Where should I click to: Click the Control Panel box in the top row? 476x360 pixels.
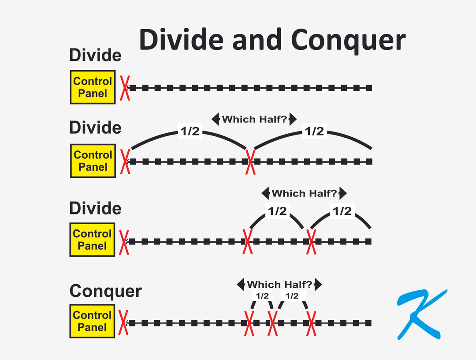tap(93, 87)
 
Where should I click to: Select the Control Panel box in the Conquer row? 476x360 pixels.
tap(92, 321)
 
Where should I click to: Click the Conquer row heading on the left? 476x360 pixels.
tap(106, 291)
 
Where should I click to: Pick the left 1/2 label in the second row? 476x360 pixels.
tap(190, 131)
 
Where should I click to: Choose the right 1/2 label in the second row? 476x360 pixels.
tap(315, 131)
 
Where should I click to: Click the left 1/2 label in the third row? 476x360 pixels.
tap(277, 211)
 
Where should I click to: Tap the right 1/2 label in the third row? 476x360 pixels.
tap(342, 211)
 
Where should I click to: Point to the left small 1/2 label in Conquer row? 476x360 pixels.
tap(262, 296)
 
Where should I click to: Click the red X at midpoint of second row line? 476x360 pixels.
tap(250, 161)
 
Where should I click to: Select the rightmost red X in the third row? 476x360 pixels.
tap(311, 242)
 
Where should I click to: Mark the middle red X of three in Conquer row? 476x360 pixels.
tap(272, 323)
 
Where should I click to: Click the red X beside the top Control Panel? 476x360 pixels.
tap(125, 88)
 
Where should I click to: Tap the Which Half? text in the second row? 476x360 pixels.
tap(254, 119)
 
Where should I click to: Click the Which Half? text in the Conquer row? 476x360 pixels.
tap(279, 285)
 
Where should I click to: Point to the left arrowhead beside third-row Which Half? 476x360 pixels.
tap(265, 193)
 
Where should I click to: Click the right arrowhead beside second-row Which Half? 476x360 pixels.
tap(293, 119)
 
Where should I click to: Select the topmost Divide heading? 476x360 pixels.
tap(95, 56)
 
